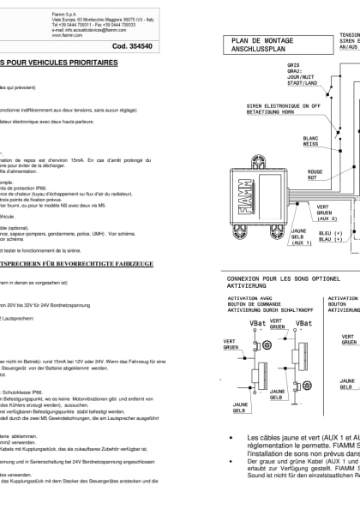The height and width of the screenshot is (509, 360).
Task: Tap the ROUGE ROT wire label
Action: coord(315,174)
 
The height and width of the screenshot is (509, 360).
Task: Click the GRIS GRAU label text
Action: coord(293,67)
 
